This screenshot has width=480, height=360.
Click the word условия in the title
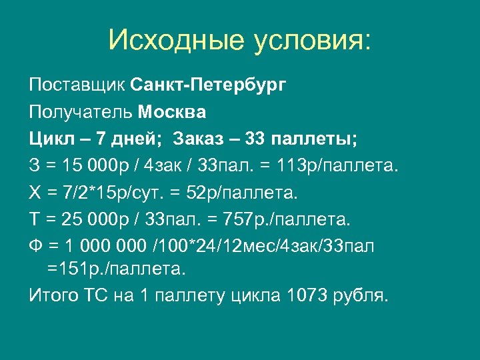click(x=311, y=41)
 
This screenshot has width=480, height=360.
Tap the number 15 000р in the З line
click(x=92, y=167)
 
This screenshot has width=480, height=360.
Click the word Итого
click(x=53, y=295)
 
